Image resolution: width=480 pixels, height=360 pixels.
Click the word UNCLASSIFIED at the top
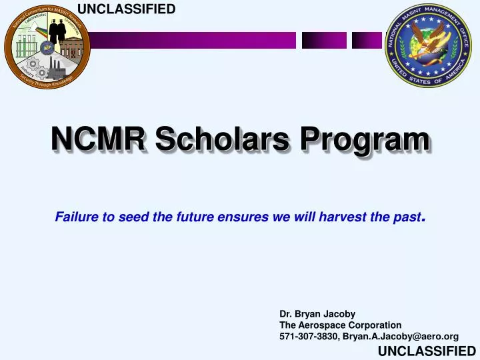click(127, 9)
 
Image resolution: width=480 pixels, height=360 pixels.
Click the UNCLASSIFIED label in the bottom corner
click(427, 351)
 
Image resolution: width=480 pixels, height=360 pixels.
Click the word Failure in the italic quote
click(74, 217)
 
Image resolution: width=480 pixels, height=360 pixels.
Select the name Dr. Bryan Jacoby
click(317, 313)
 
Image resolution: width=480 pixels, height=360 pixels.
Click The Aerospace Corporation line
click(340, 325)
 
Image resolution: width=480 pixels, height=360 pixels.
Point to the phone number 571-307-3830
click(309, 337)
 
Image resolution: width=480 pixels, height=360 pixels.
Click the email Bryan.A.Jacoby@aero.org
click(400, 337)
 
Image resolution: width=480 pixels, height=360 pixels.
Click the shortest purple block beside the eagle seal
click(365, 41)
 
